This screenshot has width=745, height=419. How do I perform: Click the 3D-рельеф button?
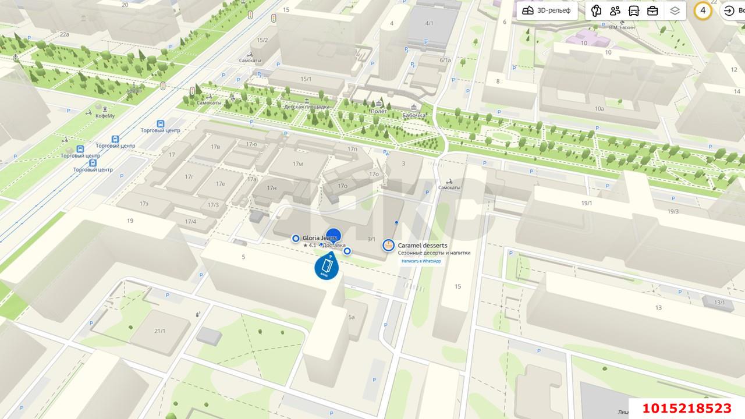(547, 10)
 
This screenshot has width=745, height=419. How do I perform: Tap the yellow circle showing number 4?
(703, 10)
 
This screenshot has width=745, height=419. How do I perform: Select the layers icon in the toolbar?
(675, 10)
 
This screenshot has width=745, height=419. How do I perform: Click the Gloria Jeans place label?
(320, 238)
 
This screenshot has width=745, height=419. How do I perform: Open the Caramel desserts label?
(423, 246)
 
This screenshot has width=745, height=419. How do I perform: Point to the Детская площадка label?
(306, 107)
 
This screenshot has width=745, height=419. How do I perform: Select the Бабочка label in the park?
(413, 115)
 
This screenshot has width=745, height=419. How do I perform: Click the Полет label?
(378, 111)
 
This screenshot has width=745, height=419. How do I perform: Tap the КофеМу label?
(105, 116)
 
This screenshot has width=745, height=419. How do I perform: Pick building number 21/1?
(159, 331)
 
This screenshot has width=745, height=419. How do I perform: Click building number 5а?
(352, 317)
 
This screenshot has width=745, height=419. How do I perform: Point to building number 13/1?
(720, 302)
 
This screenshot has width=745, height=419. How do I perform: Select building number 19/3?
(673, 211)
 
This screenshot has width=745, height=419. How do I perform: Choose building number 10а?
(599, 108)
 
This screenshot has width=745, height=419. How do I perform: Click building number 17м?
(297, 164)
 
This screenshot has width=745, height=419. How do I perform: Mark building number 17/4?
(190, 222)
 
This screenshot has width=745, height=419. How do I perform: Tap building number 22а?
(64, 34)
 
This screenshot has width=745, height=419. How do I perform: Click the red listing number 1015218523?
(687, 408)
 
